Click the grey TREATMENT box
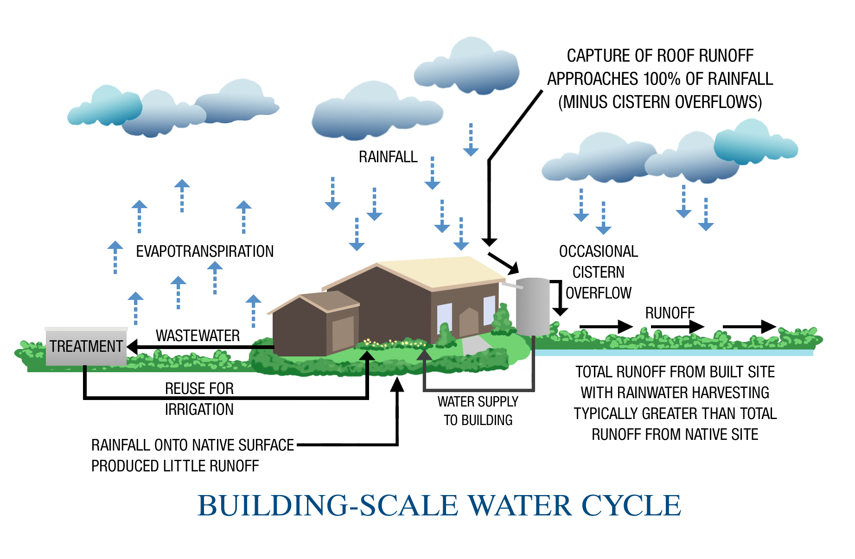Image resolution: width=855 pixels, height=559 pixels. pos(86,347)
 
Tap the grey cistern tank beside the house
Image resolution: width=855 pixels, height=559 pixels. pos(533,306)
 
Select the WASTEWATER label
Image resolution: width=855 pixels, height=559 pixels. pos(198,336)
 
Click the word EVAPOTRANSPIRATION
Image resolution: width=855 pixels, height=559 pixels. pos(204,251)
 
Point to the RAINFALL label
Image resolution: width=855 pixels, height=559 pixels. pos(388,157)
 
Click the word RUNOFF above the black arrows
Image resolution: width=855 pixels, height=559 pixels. pos(670,313)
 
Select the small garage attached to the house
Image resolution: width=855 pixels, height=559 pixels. pos(315,324)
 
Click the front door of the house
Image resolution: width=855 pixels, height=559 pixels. pos(468,323)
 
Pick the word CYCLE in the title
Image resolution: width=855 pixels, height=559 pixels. pos(631,505)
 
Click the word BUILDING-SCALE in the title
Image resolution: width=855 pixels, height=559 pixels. pos(328,505)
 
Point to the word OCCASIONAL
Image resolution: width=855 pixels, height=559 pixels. pos(598,252)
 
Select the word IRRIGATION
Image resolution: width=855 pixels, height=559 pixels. pos(199,410)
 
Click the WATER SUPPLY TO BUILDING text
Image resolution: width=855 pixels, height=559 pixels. pos(478,411)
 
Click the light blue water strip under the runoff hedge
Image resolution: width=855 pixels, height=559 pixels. pos(672,353)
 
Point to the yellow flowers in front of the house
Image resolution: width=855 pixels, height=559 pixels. pos(394,343)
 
